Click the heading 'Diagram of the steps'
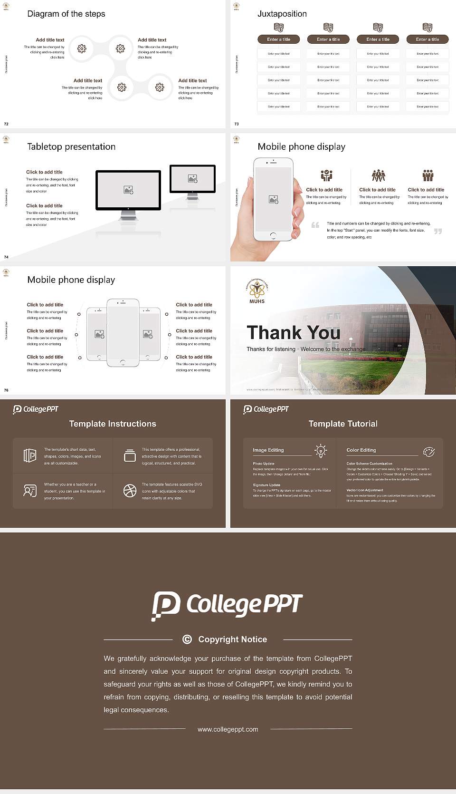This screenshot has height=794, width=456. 66,14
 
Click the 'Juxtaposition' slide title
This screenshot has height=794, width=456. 282,14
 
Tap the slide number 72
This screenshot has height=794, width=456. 6,124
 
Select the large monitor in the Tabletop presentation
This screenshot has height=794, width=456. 128,190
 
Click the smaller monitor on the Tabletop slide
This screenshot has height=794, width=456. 192,179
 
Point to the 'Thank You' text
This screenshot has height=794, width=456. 293,332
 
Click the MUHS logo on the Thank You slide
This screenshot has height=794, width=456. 257,290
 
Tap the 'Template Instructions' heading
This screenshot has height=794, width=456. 113,424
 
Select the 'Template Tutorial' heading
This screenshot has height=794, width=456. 343,424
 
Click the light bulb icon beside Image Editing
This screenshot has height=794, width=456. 321,451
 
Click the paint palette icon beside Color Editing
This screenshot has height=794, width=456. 429,451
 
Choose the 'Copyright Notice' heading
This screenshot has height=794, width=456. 232,639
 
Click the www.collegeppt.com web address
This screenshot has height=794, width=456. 228,729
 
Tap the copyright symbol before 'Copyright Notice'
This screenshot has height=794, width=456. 187,639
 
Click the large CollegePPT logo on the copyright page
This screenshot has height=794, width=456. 227,605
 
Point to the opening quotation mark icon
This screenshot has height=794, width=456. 315,225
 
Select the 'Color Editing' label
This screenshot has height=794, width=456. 361,450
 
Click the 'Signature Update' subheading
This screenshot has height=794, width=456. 266,485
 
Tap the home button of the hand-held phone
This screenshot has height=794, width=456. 273,235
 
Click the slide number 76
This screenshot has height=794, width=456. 6,390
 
